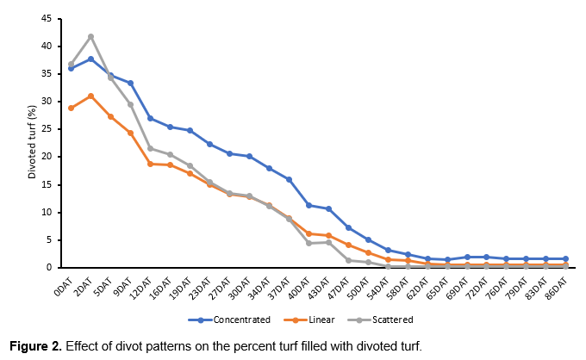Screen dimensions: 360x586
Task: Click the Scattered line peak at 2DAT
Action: click(x=90, y=36)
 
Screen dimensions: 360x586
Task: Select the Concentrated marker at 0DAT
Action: click(x=71, y=68)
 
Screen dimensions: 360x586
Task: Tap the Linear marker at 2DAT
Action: click(x=90, y=96)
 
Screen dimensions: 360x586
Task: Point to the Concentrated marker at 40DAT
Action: click(x=309, y=205)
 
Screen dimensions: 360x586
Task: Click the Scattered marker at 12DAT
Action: click(x=150, y=148)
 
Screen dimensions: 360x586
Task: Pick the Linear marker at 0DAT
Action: click(x=71, y=108)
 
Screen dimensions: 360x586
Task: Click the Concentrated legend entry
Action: click(x=228, y=320)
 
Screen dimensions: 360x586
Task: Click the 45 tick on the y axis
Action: click(x=51, y=18)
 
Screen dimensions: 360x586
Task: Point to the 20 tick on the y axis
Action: click(x=51, y=157)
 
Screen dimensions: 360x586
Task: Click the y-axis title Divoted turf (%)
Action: click(x=32, y=143)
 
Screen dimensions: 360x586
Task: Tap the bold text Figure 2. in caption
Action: click(x=35, y=345)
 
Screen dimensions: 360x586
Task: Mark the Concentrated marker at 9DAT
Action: click(x=130, y=83)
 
